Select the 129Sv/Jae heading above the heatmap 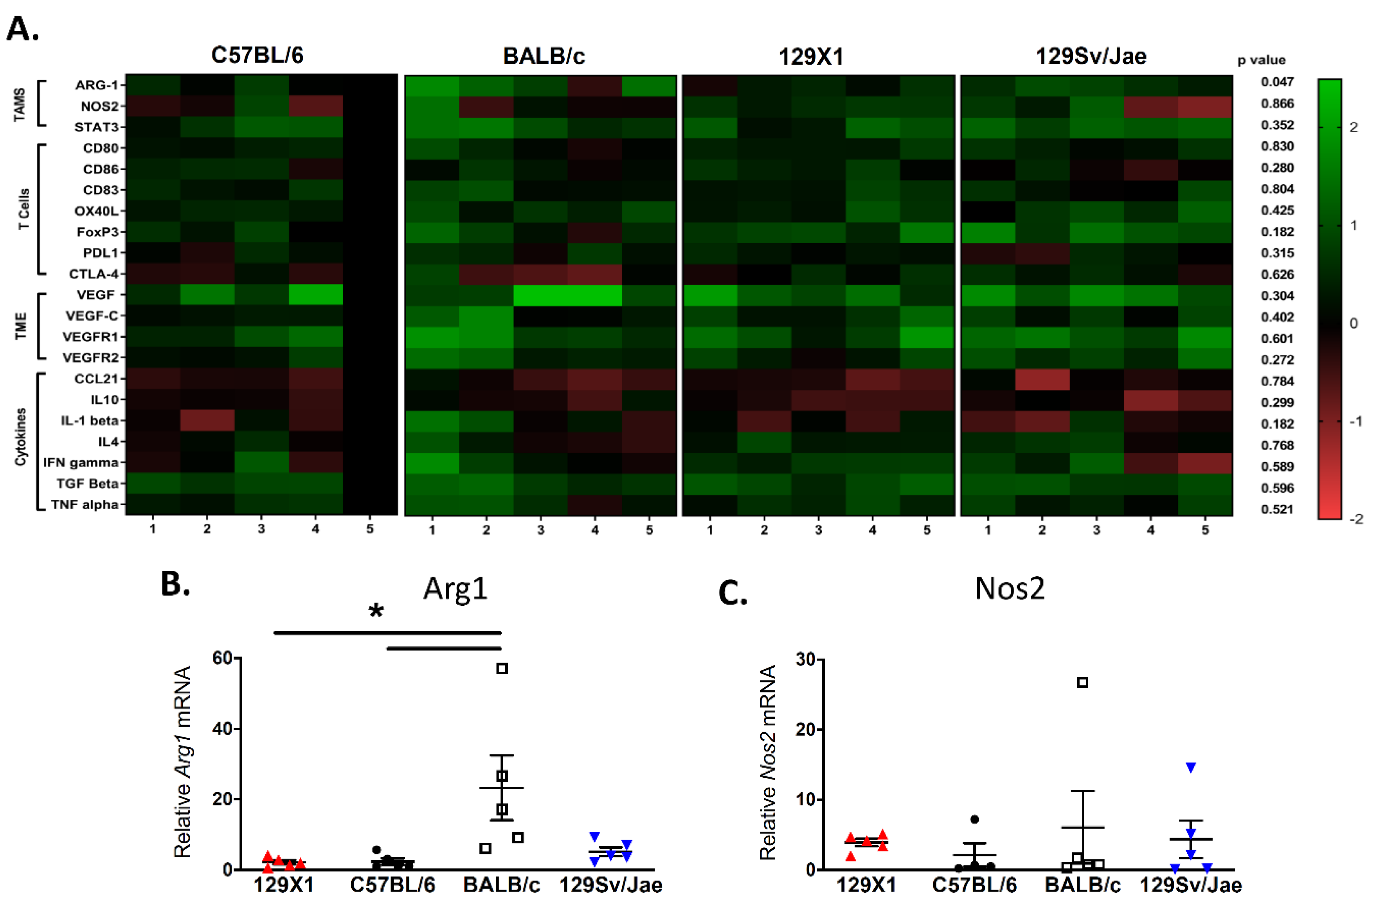1091,56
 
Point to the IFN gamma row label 81,463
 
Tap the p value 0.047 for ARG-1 1277,82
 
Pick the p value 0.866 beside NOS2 1277,104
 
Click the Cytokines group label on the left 21,437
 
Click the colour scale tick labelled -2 1356,519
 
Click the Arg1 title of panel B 455,589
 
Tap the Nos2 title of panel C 1010,589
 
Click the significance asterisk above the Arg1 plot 376,611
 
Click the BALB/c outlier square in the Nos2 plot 1082,683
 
